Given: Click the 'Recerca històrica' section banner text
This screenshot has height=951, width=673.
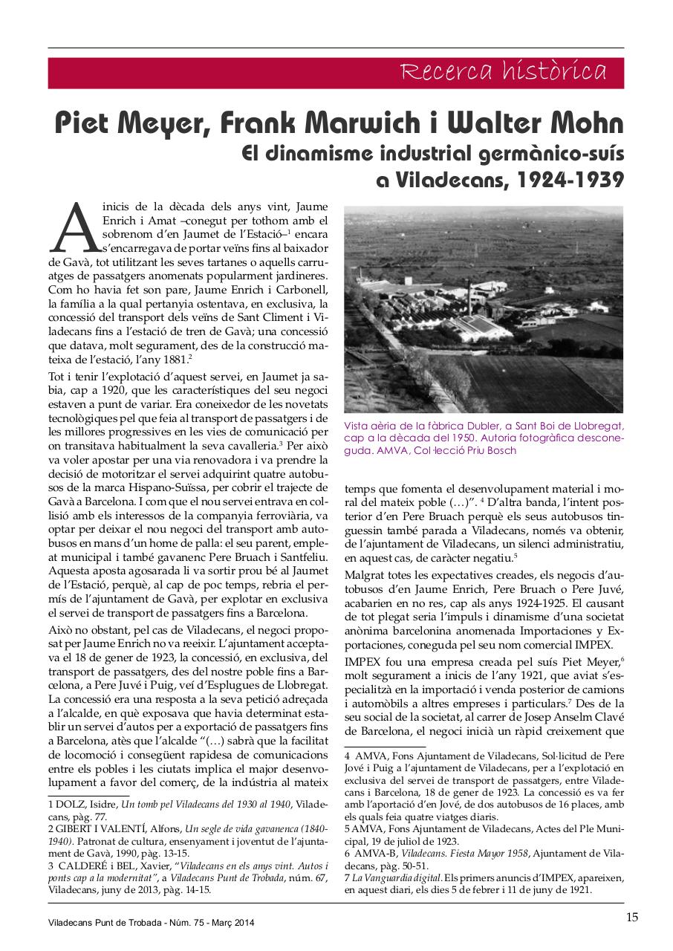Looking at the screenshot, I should point(504,72).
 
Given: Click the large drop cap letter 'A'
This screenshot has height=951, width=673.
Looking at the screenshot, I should point(75,227).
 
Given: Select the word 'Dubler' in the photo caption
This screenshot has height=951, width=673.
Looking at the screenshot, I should point(488,426).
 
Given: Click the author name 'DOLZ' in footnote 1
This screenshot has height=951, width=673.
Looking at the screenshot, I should point(69,805).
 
